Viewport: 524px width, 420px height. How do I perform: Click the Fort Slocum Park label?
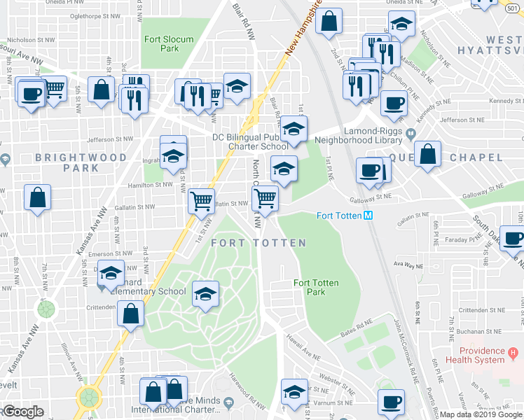(168, 44)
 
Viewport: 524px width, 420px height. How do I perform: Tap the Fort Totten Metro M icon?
(367, 216)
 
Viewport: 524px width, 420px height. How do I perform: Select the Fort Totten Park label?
(316, 287)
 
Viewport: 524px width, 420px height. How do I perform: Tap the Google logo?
(22, 412)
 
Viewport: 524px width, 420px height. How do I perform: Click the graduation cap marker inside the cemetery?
(205, 294)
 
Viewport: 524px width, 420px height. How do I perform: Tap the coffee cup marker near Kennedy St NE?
(393, 104)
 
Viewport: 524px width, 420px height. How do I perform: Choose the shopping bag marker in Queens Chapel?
(427, 154)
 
